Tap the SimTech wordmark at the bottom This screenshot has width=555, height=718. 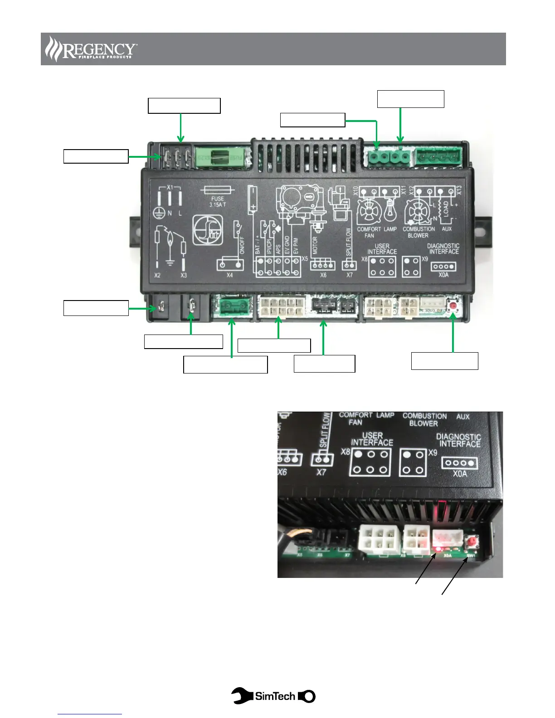pyautogui.click(x=275, y=696)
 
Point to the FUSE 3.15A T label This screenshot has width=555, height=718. pyautogui.click(x=218, y=202)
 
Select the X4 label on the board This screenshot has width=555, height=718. pyautogui.click(x=229, y=275)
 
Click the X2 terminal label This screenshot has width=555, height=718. pyautogui.click(x=157, y=275)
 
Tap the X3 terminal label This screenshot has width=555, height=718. pyautogui.click(x=184, y=275)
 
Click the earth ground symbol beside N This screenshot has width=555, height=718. pyautogui.click(x=159, y=213)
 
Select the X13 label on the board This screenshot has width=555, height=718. pyautogui.click(x=459, y=190)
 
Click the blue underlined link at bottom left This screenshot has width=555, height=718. pyautogui.click(x=90, y=714)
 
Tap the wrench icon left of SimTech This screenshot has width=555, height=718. pyautogui.click(x=242, y=696)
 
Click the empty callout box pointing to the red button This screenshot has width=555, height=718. pyautogui.click(x=444, y=361)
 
